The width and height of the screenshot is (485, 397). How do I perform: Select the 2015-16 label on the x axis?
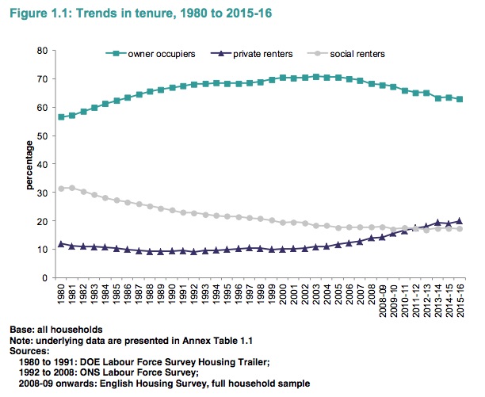459,300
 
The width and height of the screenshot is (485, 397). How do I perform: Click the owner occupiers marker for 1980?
61,116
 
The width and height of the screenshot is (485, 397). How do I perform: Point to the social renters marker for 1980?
61,189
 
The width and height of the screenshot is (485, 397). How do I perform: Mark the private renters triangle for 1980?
61,244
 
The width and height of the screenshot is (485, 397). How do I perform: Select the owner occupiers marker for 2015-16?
459,99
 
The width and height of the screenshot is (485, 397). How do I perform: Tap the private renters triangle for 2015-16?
459,221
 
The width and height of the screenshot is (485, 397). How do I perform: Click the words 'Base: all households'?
56,328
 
